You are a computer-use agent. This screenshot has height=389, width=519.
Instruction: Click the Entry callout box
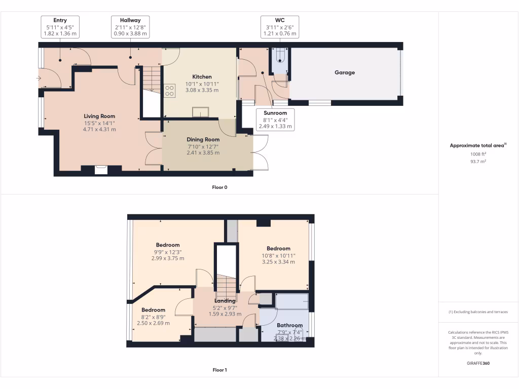point(60,27)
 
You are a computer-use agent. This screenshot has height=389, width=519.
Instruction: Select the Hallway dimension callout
point(130,27)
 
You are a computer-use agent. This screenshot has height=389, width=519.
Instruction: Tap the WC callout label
point(279,27)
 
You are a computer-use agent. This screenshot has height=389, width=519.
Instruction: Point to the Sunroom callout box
point(275,120)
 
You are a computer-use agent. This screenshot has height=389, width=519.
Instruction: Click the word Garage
point(345,72)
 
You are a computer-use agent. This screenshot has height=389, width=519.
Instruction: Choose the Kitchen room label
point(202,77)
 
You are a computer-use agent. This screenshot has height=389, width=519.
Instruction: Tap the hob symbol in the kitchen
point(170,90)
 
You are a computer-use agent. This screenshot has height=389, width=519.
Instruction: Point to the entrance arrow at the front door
point(39,78)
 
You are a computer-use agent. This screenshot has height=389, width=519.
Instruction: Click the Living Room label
point(100,116)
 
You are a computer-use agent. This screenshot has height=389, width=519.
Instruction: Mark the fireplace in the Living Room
point(101,170)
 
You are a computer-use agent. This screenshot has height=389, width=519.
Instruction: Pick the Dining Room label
point(203,139)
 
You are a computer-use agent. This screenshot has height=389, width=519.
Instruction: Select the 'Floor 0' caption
point(219,187)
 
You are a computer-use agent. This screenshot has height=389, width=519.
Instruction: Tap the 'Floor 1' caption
point(219,370)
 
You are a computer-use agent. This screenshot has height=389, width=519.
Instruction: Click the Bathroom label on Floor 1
point(289,325)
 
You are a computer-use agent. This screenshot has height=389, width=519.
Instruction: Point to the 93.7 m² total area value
point(478,162)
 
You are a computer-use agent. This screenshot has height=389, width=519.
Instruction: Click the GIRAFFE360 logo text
point(478,363)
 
